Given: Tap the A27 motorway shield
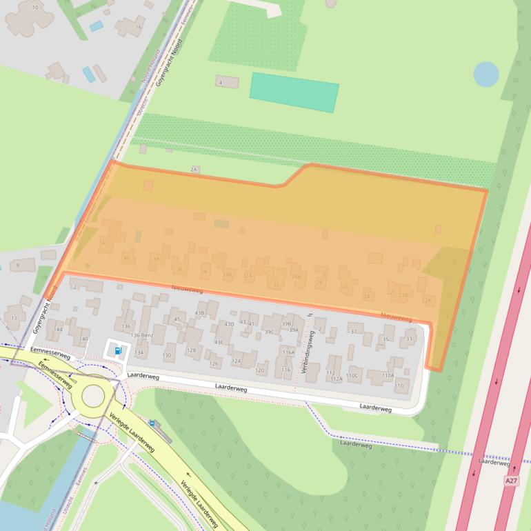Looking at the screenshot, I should tap(510, 481).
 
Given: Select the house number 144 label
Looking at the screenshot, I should tap(59, 330).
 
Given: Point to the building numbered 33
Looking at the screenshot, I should tap(410, 339).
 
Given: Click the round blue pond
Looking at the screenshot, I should tap(486, 74).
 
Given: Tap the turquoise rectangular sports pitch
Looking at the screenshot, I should tap(294, 92).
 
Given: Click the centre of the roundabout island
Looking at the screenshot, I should tap(93, 396).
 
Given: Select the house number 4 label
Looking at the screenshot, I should tap(221, 83).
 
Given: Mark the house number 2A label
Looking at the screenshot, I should tap(194, 169).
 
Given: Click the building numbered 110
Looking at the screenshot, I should tap(399, 385).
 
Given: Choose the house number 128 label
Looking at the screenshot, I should tap(192, 350).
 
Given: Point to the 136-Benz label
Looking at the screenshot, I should tap(141, 335).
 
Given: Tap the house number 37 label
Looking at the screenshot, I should tap(354, 332).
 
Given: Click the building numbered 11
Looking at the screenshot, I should tap(14, 318).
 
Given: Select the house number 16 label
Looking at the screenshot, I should tap(139, 27).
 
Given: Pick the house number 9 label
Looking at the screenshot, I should tap(17, 265).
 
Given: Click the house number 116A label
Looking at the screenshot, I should tap(288, 352).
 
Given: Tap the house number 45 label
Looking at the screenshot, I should tap(177, 319).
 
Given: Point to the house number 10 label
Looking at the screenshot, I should tap(35, 7).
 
